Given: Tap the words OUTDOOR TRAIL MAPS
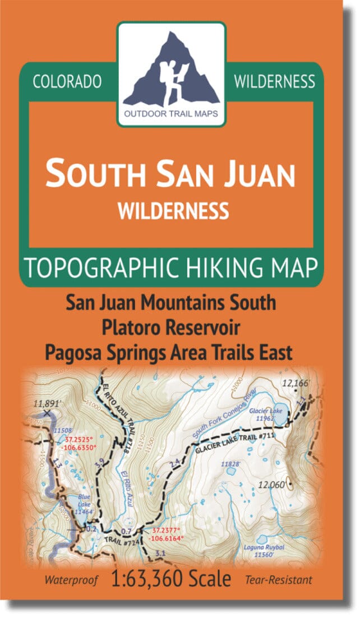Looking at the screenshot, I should click(x=172, y=118).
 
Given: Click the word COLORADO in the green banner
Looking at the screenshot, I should click(x=67, y=82).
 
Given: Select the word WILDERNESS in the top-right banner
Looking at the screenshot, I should click(x=274, y=82).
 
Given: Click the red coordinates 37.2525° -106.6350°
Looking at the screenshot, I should click(x=81, y=444).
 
